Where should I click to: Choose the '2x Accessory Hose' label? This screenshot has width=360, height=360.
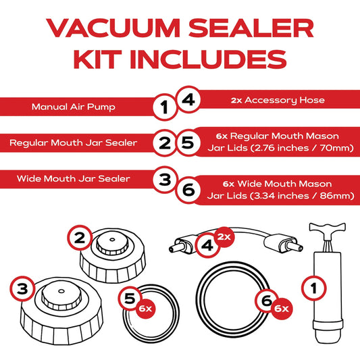point(277,100)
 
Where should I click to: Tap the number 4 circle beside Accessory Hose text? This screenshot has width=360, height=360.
point(188,99)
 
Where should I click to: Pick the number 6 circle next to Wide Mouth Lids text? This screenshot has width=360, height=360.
point(188,189)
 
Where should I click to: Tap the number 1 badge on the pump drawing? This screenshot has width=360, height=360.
point(313,288)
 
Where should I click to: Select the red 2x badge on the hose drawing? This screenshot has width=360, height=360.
point(224,237)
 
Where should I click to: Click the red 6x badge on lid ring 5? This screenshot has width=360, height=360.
point(146,307)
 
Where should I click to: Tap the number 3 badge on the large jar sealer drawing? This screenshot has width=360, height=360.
point(23,288)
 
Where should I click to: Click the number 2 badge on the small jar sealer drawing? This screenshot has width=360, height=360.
point(79,237)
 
